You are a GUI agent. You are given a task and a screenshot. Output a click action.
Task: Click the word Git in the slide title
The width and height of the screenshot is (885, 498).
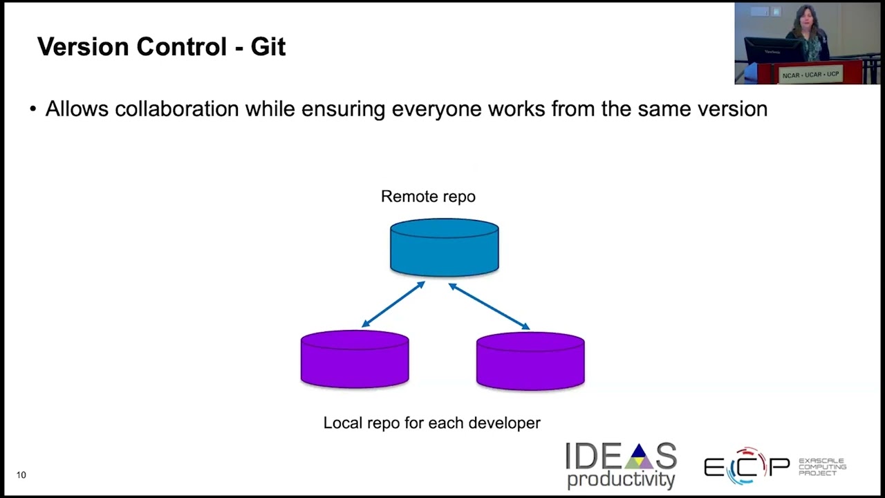click(x=268, y=47)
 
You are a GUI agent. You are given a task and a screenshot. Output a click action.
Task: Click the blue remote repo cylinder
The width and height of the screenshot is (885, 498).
click(x=444, y=248)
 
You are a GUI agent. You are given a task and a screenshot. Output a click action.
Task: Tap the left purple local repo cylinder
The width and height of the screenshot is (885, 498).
click(x=355, y=359)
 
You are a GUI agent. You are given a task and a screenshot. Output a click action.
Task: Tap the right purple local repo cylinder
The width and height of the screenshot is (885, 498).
click(x=530, y=360)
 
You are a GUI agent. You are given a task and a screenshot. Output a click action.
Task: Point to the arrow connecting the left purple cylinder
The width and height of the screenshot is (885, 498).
click(x=393, y=304)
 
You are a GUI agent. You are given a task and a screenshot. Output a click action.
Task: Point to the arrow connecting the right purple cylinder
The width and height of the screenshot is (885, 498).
click(x=490, y=306)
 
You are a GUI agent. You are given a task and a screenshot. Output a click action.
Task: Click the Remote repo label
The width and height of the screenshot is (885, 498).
click(x=428, y=196)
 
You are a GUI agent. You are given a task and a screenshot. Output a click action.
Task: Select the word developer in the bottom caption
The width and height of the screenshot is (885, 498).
click(x=504, y=423)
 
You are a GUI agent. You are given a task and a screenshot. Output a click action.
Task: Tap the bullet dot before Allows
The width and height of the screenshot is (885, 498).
click(x=32, y=109)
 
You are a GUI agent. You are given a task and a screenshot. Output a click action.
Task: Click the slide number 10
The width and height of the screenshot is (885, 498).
click(x=21, y=474)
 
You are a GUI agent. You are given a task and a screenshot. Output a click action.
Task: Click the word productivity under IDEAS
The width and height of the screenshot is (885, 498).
click(x=620, y=479)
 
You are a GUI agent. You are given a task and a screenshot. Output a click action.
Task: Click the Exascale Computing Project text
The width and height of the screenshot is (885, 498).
click(x=821, y=467)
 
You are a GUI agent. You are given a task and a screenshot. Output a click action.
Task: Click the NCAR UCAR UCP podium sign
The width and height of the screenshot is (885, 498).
click(x=810, y=74)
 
